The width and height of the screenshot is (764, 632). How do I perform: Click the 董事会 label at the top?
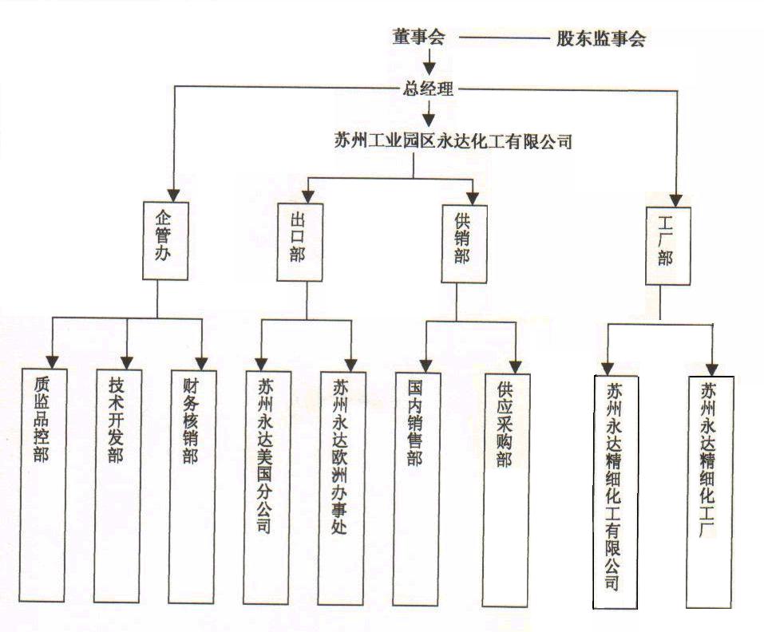[x=418, y=38]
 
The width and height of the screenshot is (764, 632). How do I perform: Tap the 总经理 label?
[x=430, y=89]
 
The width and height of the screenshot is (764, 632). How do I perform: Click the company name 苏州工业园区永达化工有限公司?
[x=453, y=141]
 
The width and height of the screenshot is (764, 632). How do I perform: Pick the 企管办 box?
[x=165, y=240]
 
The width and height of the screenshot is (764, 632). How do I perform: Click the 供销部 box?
[x=464, y=243]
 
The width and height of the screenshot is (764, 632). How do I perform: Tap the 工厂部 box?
[x=668, y=246]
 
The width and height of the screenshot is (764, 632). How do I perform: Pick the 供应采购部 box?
[x=505, y=487]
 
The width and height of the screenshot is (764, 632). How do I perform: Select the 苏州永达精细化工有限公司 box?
[x=616, y=492]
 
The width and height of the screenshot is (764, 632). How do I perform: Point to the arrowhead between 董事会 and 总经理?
[x=430, y=67]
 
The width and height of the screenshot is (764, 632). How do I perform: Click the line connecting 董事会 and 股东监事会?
[x=504, y=38]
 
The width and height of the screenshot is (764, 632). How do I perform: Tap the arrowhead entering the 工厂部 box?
[x=677, y=199]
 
